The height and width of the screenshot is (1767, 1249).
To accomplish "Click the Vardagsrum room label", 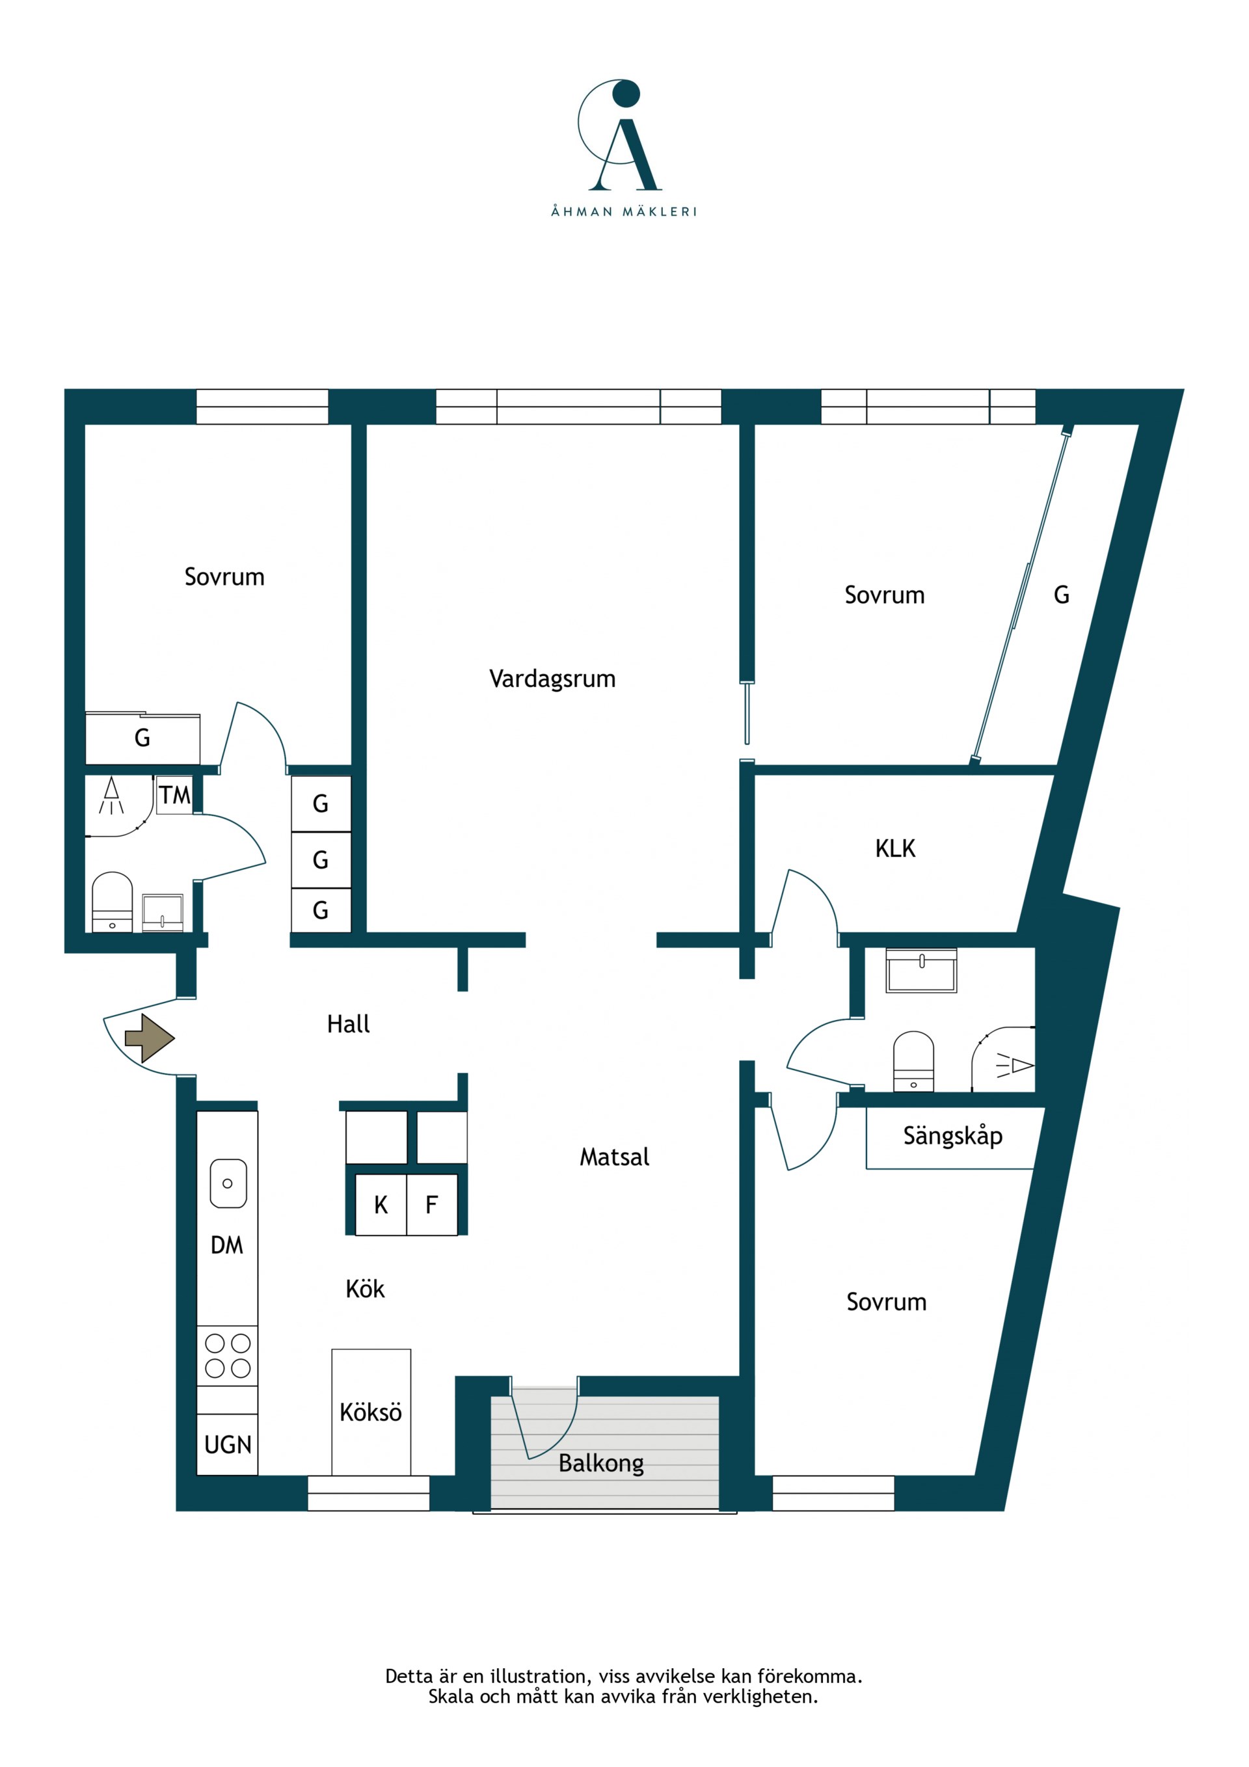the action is click(552, 679).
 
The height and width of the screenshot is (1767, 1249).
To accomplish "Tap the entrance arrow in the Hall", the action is click(150, 1038).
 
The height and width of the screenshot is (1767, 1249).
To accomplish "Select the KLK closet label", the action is click(895, 848).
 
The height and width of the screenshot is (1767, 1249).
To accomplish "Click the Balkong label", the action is click(601, 1463).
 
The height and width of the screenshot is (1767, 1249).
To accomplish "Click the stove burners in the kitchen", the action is click(228, 1355).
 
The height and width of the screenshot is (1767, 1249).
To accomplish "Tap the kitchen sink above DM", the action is click(228, 1183).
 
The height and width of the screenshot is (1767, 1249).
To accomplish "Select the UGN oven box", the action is click(228, 1444).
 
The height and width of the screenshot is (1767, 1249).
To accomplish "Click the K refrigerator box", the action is click(381, 1204).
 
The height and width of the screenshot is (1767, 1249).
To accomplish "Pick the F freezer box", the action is click(432, 1204).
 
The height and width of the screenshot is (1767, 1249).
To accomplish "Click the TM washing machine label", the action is click(175, 795).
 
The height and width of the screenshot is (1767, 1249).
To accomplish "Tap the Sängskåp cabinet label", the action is click(953, 1136).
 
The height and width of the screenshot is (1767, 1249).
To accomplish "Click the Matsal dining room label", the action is click(614, 1157).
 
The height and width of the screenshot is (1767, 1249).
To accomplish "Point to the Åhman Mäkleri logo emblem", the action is click(620, 135).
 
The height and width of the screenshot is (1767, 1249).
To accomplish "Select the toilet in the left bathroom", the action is click(113, 902).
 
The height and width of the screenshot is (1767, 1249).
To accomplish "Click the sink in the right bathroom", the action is click(921, 971).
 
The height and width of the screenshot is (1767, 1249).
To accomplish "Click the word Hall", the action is click(349, 1023).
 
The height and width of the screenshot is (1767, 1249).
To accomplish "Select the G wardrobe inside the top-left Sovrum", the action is click(142, 738).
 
